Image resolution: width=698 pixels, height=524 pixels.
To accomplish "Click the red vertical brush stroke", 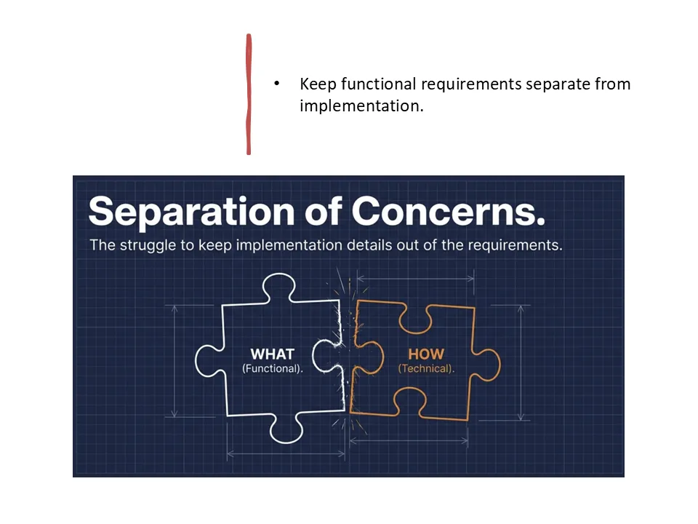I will click(x=249, y=95).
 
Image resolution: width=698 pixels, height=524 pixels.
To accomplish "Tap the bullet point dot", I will click(x=276, y=84).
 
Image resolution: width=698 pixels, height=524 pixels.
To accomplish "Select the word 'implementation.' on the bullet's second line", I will click(x=361, y=106).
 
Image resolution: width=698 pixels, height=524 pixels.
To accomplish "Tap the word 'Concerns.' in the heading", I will click(x=448, y=212).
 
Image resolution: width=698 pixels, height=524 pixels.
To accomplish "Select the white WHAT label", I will click(x=273, y=354).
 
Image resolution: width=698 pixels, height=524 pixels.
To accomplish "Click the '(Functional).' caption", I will click(x=273, y=369).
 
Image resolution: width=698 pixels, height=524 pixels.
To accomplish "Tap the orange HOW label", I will click(x=425, y=354).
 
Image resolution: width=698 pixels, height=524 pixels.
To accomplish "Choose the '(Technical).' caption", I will click(x=426, y=369).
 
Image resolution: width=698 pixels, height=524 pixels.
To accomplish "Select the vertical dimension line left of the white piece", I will click(x=174, y=361).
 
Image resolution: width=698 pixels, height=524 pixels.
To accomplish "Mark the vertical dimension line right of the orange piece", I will click(x=521, y=362).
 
